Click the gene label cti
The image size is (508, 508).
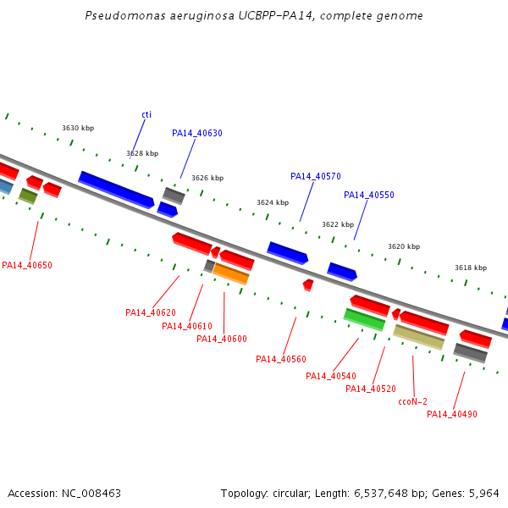pos(146,114)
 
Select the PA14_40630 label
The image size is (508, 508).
pos(197,133)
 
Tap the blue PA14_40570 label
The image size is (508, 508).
pos(316,176)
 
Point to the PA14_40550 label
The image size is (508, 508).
pos(369,195)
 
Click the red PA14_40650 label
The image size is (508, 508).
pos(27,265)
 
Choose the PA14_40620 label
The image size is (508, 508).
pos(151,312)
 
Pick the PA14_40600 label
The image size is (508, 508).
pos(222,339)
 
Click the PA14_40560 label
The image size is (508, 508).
pos(281,359)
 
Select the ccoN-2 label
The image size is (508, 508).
pos(413,401)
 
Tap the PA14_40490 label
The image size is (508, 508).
pos(452,414)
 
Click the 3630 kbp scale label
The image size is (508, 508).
pos(78,128)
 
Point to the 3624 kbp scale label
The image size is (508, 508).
pos(273,202)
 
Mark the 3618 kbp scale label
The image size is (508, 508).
pos(471,268)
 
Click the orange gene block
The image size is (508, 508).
pos(231,274)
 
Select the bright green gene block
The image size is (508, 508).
pos(364,320)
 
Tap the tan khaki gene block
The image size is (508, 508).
pos(418,337)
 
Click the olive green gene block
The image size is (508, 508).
pos(28,196)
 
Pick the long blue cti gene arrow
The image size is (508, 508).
pos(116,190)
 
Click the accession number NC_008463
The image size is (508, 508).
pos(91,494)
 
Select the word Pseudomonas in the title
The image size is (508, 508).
pos(125,15)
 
